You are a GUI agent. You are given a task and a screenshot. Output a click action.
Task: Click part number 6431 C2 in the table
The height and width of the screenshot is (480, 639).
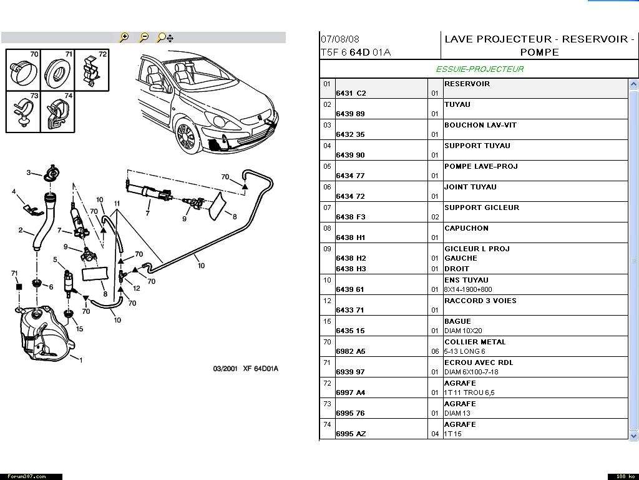point(351,93)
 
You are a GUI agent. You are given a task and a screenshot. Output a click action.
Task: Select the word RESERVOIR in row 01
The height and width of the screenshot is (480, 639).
point(467,84)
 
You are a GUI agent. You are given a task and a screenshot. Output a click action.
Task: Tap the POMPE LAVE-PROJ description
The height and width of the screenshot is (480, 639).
point(480,166)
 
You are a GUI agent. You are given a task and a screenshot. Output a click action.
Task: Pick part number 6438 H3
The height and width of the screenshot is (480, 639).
point(351,269)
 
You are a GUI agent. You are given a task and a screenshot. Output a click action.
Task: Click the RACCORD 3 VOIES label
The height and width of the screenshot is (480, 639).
point(480,301)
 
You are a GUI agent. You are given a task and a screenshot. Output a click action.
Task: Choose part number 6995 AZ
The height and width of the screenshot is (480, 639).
point(351,434)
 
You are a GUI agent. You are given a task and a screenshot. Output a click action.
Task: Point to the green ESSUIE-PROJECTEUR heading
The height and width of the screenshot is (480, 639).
point(479,69)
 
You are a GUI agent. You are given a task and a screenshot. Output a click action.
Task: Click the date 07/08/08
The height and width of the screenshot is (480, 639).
point(340,39)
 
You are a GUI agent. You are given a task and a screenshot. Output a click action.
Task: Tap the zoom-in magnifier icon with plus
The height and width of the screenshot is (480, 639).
point(124,37)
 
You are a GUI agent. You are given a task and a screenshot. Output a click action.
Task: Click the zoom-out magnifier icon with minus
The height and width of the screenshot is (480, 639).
point(144,37)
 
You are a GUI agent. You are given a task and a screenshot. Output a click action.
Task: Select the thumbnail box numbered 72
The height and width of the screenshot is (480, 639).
point(92,69)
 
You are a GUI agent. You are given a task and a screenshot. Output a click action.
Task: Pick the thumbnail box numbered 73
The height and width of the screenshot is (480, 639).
point(23,111)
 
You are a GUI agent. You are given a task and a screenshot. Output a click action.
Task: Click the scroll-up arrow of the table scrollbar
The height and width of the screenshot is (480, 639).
point(634,84)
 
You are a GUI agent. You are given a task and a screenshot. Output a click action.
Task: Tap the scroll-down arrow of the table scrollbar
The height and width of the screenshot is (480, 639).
point(634,435)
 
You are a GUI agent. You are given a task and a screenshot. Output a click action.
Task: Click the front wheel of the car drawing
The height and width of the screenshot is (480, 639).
point(185,137)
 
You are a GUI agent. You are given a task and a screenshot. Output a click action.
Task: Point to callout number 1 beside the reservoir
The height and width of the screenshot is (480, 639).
point(81,359)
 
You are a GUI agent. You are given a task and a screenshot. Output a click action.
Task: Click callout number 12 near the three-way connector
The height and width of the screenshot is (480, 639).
point(137,288)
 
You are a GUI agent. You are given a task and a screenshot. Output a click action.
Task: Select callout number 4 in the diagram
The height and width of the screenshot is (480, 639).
point(14,191)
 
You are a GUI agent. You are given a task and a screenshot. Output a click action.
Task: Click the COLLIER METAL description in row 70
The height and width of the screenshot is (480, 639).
point(474,342)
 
